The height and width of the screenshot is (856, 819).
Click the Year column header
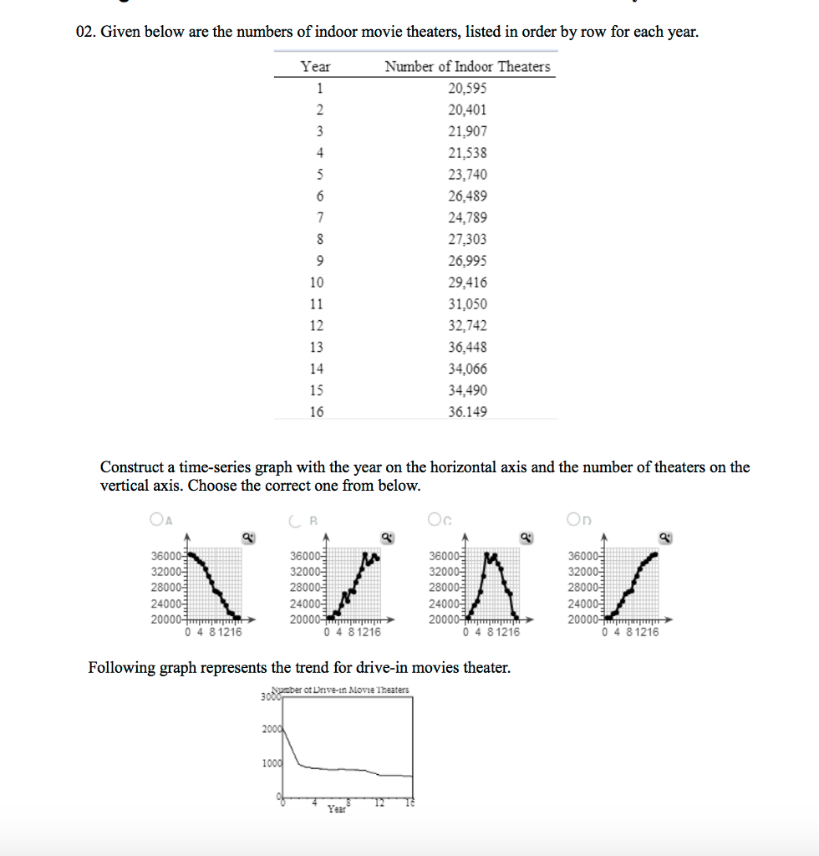tap(315, 67)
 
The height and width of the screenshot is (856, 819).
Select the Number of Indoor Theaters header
tap(467, 67)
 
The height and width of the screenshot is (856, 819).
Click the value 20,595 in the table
tap(467, 89)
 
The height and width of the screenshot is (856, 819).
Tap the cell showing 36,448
tap(467, 348)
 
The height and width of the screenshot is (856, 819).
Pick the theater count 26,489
tap(467, 196)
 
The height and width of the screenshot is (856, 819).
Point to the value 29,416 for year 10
tap(467, 283)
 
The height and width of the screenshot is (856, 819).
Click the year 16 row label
tap(316, 412)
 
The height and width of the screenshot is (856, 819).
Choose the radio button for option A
tap(157, 519)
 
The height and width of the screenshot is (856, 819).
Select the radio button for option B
tap(295, 519)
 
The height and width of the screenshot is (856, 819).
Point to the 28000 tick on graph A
tap(166, 587)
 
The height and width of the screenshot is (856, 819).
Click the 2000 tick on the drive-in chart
tap(271, 730)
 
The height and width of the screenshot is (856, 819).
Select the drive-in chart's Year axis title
tap(337, 809)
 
